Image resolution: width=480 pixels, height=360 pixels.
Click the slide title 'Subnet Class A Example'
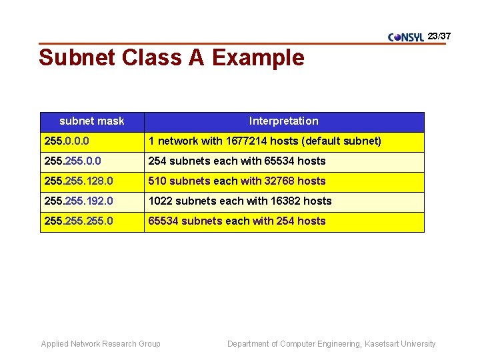[x=171, y=58]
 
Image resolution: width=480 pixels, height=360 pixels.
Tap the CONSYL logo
[x=406, y=37]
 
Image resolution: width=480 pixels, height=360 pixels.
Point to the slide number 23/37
[x=439, y=35]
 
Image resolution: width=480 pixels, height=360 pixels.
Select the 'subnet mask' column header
[x=92, y=121]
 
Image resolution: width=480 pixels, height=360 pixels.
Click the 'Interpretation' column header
[x=283, y=121]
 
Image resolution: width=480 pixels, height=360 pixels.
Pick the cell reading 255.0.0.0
[x=67, y=141]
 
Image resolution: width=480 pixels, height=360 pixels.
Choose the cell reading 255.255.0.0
[x=73, y=161]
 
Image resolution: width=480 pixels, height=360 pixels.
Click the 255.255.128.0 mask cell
[x=78, y=181]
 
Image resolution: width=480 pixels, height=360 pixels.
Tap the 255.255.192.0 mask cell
[x=78, y=201]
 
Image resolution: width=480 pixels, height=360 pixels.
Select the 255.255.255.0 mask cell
[x=78, y=221]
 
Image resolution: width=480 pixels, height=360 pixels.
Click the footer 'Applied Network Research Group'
[x=101, y=344]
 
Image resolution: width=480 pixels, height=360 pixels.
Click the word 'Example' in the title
[x=258, y=58]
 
